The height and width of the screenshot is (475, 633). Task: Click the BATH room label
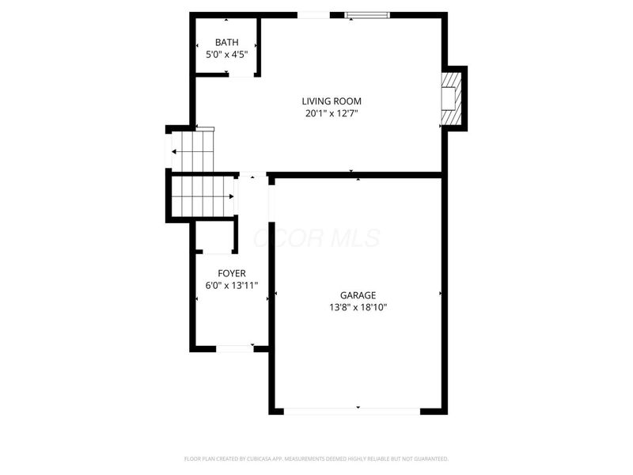227,43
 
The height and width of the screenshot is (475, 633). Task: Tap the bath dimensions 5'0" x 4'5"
227,55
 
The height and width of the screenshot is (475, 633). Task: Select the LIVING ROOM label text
332,101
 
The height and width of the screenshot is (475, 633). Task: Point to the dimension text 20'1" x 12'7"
332,113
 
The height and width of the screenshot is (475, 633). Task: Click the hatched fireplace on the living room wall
449,98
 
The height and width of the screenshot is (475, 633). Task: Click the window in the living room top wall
367,14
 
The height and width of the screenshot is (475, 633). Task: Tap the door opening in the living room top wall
313,14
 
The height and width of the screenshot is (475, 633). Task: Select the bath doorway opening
241,75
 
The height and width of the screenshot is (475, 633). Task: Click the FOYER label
232,273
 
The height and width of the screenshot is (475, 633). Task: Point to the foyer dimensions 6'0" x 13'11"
232,286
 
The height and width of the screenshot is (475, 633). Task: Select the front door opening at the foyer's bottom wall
235,348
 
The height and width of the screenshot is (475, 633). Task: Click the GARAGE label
358,295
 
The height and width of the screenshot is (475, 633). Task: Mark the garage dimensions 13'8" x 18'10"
358,308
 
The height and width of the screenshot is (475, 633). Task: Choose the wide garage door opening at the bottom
352,410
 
